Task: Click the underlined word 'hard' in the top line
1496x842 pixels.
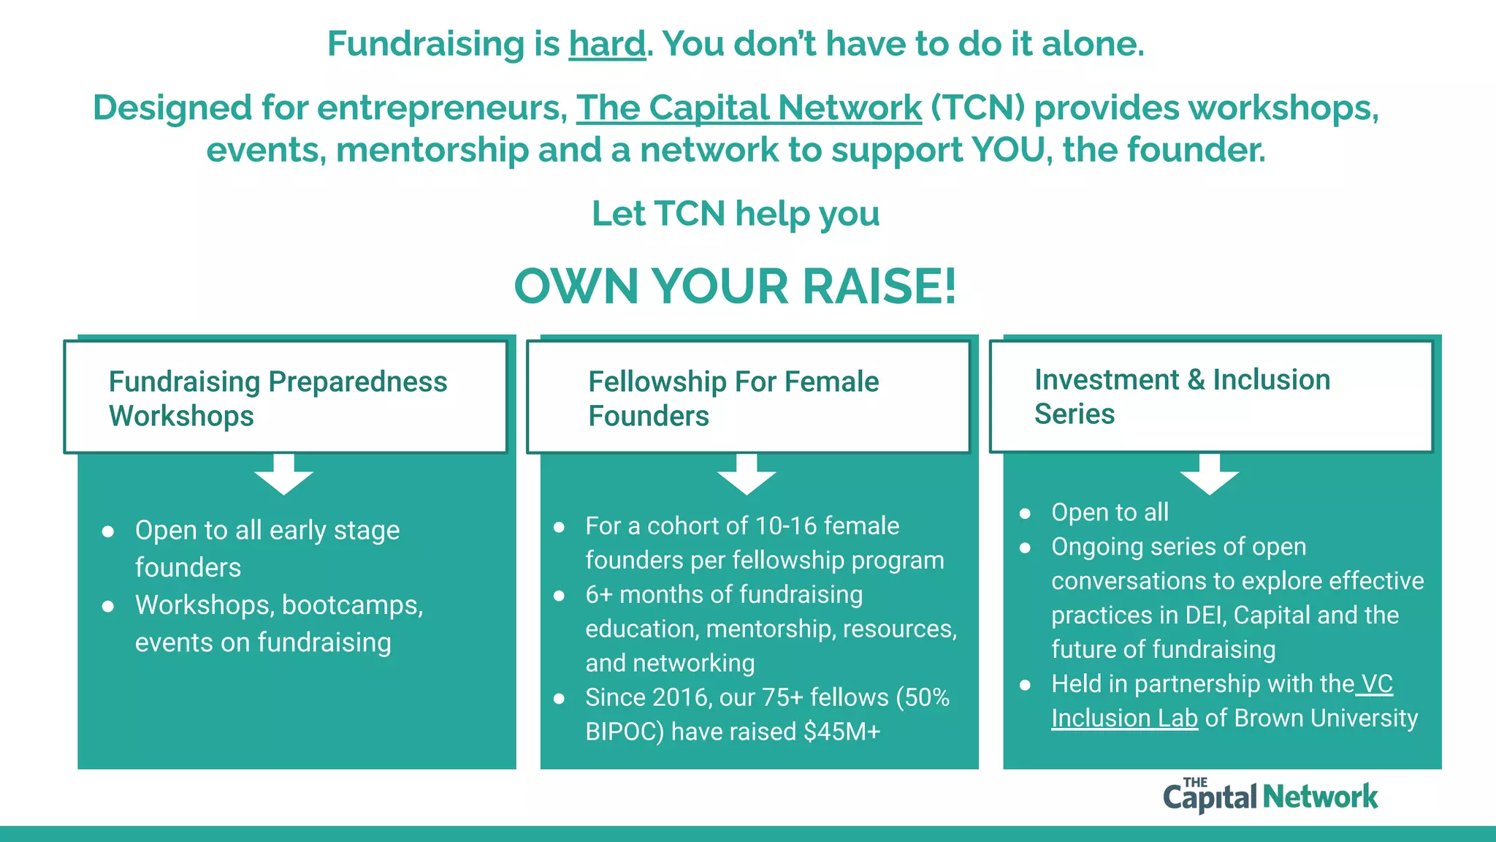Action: (x=607, y=44)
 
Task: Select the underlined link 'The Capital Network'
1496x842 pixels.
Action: (x=749, y=108)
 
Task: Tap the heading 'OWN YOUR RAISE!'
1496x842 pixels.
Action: (x=735, y=286)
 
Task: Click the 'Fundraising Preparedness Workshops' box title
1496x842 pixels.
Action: (x=278, y=398)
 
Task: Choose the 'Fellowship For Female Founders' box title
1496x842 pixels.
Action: (x=733, y=398)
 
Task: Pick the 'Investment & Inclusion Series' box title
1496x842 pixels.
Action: (x=1182, y=396)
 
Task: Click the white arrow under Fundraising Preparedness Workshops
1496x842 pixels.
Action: (x=283, y=474)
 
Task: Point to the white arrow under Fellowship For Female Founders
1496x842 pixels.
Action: (x=746, y=474)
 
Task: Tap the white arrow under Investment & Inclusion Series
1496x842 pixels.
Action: (x=1209, y=474)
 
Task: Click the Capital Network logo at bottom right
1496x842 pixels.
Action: (x=1270, y=795)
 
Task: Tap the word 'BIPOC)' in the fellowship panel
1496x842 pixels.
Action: (x=625, y=732)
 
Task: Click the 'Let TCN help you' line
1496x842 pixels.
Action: (x=735, y=214)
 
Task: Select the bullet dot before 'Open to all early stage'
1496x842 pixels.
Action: (x=108, y=531)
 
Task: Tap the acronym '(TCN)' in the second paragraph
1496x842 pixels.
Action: (x=977, y=108)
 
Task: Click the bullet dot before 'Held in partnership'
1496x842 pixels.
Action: (x=1025, y=685)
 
